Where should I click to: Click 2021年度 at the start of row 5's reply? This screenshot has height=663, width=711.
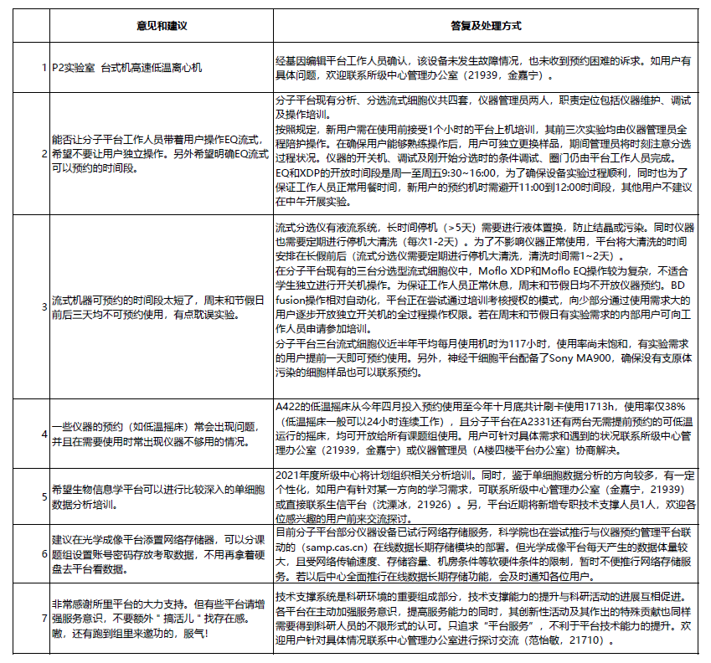pyautogui.click(x=296, y=475)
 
